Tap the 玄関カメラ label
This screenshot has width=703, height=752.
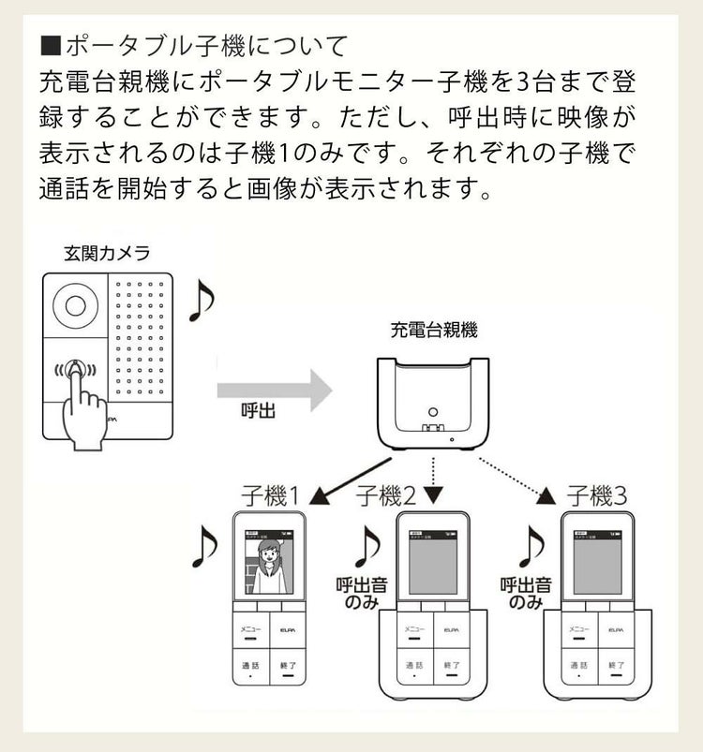(x=106, y=253)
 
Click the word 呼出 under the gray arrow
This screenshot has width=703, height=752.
(x=258, y=412)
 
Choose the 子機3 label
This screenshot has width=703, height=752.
(x=597, y=495)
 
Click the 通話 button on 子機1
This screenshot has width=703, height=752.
(x=251, y=667)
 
